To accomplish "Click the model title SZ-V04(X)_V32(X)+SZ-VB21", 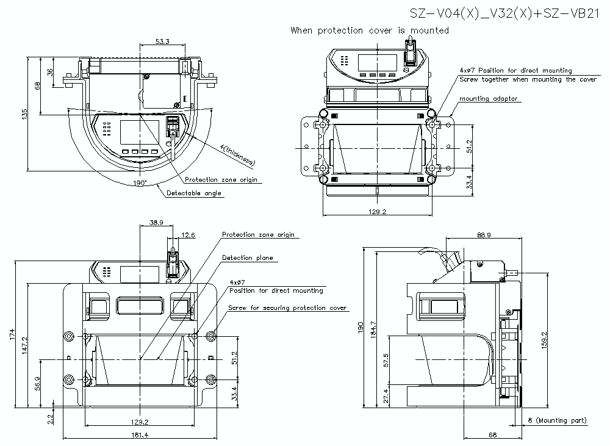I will pyautogui.click(x=503, y=13).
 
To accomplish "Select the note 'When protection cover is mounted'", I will pyautogui.click(x=370, y=31).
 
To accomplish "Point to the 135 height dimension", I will pyautogui.click(x=24, y=114).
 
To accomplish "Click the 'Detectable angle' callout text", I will pyautogui.click(x=194, y=193).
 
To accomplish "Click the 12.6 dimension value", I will pyautogui.click(x=188, y=235).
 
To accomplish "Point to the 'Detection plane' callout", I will pyautogui.click(x=247, y=258).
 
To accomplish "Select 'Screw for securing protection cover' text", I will pyautogui.click(x=287, y=308).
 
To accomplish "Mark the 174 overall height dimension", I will pyautogui.click(x=13, y=335).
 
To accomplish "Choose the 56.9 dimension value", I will pyautogui.click(x=38, y=383).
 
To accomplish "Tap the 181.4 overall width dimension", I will pyautogui.click(x=139, y=435).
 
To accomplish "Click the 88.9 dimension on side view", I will pyautogui.click(x=485, y=235).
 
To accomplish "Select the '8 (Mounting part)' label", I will pyautogui.click(x=558, y=420).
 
